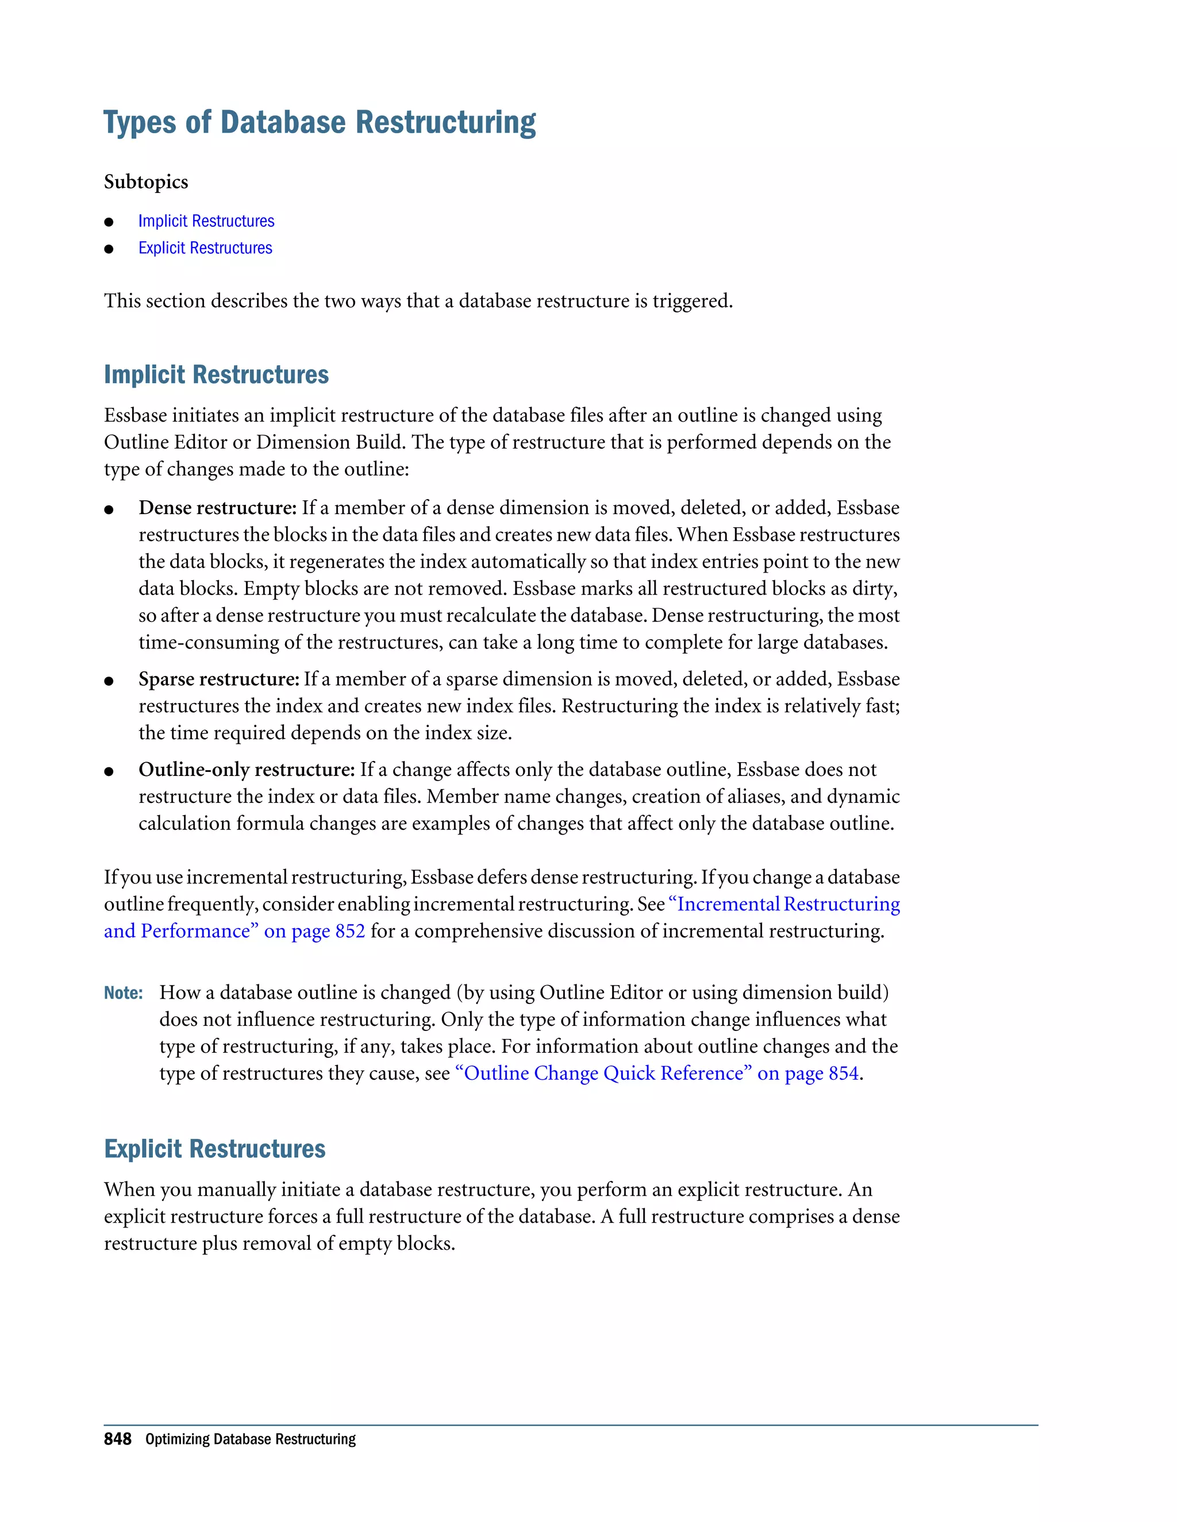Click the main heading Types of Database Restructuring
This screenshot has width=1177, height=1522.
pos(320,123)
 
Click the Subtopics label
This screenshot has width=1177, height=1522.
pos(146,182)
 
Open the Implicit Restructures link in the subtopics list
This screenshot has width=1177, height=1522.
pos(206,221)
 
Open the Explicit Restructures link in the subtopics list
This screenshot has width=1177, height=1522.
pos(205,248)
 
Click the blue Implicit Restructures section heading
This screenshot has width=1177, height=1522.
pos(216,375)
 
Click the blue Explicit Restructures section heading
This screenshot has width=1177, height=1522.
pos(215,1149)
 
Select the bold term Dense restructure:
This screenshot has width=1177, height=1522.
pos(218,508)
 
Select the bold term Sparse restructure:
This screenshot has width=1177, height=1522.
pos(219,679)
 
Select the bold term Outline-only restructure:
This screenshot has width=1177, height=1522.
pos(247,770)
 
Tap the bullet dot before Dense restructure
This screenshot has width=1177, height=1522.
pos(109,510)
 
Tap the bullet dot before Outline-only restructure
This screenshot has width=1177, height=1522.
pos(109,772)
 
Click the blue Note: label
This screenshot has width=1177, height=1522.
pos(124,993)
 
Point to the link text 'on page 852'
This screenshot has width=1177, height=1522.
pos(314,932)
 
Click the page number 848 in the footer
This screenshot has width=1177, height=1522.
pos(117,1439)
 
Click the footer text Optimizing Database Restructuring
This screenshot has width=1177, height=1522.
pos(251,1440)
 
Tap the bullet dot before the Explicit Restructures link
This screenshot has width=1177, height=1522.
pos(109,249)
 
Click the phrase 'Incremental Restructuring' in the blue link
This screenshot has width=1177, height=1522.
pos(788,905)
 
